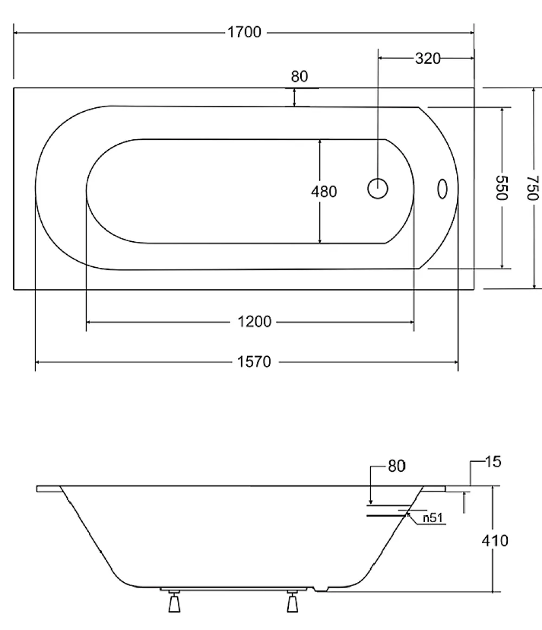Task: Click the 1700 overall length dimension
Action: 244,32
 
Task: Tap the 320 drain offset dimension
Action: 428,59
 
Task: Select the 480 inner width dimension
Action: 324,191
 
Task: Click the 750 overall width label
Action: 533,188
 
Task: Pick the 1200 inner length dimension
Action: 254,322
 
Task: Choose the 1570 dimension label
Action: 254,362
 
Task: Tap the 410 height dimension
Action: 495,541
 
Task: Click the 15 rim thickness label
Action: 493,462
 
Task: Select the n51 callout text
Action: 433,518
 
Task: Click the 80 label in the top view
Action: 299,76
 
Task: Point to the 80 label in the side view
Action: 397,466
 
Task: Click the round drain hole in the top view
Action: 378,189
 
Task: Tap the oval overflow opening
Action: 442,189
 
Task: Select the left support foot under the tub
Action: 175,601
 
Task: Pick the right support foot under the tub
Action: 293,601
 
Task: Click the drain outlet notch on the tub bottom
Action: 321,589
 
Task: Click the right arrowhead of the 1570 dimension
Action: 455,362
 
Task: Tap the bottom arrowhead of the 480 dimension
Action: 320,240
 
